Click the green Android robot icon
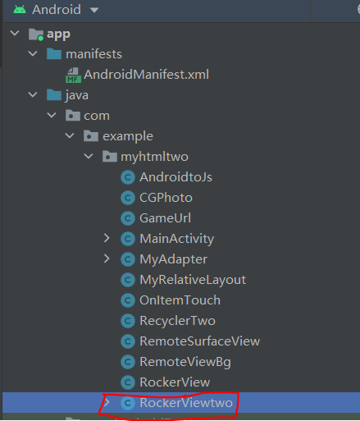(x=20, y=10)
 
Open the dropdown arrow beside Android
(x=94, y=11)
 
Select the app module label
(x=58, y=34)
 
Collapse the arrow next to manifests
(x=33, y=53)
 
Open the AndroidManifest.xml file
(x=146, y=75)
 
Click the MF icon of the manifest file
(x=73, y=76)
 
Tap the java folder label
(x=77, y=95)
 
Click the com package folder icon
(x=73, y=115)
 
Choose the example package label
(x=128, y=136)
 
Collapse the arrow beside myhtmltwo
(x=89, y=156)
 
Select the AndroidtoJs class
(x=175, y=177)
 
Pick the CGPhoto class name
(x=166, y=198)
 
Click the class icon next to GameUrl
(x=128, y=218)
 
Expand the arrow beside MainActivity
(x=107, y=238)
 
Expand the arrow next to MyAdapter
(x=107, y=259)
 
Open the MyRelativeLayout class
(x=193, y=280)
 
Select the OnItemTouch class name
(x=180, y=300)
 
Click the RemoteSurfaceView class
(x=200, y=341)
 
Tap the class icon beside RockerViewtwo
(x=128, y=403)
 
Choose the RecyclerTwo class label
(x=177, y=321)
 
